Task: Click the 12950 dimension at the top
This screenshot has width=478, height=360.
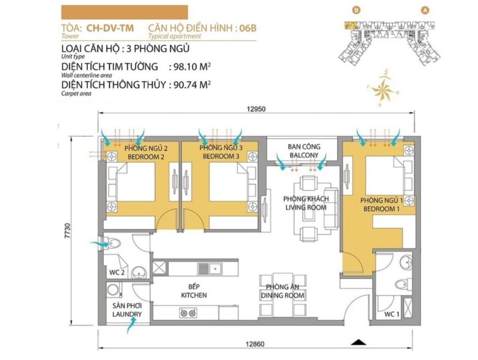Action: click(x=256, y=109)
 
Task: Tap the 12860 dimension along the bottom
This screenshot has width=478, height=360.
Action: click(x=255, y=344)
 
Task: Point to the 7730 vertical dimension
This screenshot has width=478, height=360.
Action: click(x=67, y=231)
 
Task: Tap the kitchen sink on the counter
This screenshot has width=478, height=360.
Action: click(x=210, y=269)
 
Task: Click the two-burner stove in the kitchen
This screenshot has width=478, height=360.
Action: click(x=188, y=313)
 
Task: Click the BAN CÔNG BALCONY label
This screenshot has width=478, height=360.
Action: click(x=304, y=151)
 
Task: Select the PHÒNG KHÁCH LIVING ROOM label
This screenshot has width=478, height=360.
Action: click(x=306, y=203)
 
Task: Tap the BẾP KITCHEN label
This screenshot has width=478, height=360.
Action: click(x=194, y=291)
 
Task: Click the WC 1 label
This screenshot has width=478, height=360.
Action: click(x=392, y=314)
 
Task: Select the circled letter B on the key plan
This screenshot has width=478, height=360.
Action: click(x=356, y=10)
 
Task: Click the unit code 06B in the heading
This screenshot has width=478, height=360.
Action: click(x=247, y=28)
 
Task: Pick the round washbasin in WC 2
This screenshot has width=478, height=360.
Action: click(x=139, y=272)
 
